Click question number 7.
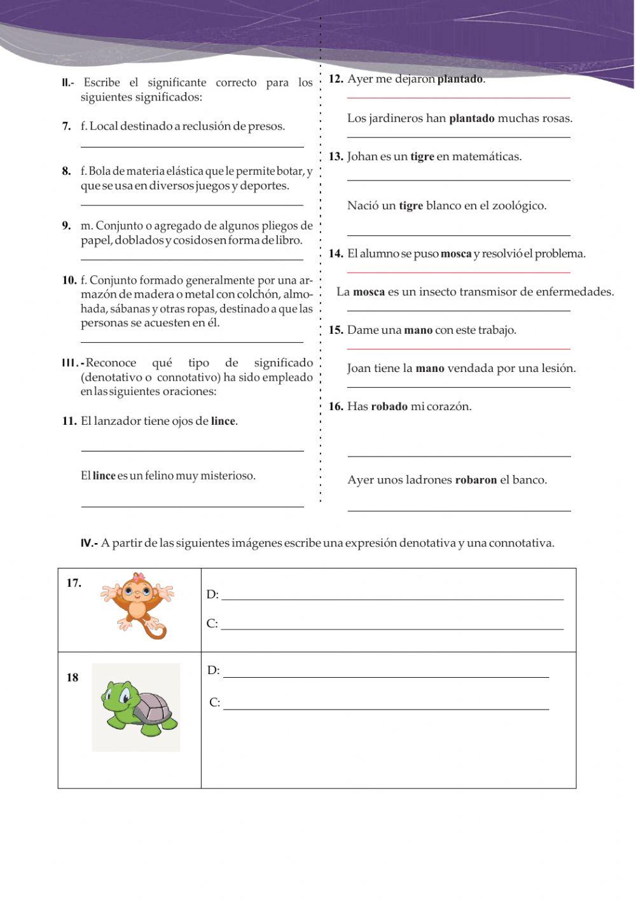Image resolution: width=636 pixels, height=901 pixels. coord(66,127)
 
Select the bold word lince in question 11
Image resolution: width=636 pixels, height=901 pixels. coord(223,422)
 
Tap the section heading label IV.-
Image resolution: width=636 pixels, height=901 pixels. coord(89,544)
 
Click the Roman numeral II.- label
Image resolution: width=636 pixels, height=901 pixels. coord(68,83)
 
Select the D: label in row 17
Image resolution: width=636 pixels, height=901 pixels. coord(212,595)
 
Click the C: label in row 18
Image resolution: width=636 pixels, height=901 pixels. coord(215,703)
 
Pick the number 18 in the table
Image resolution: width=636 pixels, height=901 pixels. coord(73,678)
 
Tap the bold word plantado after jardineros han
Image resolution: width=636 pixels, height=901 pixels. coord(471,119)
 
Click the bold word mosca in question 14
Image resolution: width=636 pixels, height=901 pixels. coord(455,254)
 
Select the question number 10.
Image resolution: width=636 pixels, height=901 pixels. coord(69,281)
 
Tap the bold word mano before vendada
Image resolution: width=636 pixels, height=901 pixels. coord(429,369)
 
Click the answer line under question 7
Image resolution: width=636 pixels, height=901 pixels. coord(192,147)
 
